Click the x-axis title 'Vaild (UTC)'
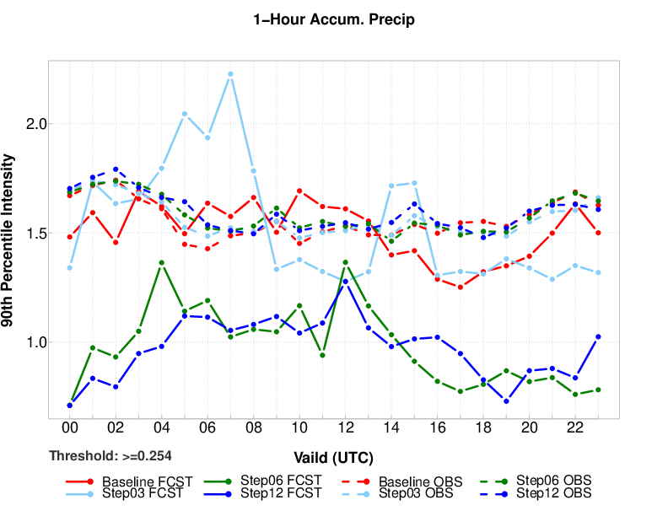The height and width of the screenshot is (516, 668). click(x=334, y=459)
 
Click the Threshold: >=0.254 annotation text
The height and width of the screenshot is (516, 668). click(x=110, y=456)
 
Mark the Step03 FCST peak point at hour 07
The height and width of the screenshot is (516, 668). click(x=230, y=74)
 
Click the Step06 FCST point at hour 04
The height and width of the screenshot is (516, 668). click(x=161, y=262)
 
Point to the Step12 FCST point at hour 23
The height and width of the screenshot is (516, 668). click(x=598, y=336)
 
